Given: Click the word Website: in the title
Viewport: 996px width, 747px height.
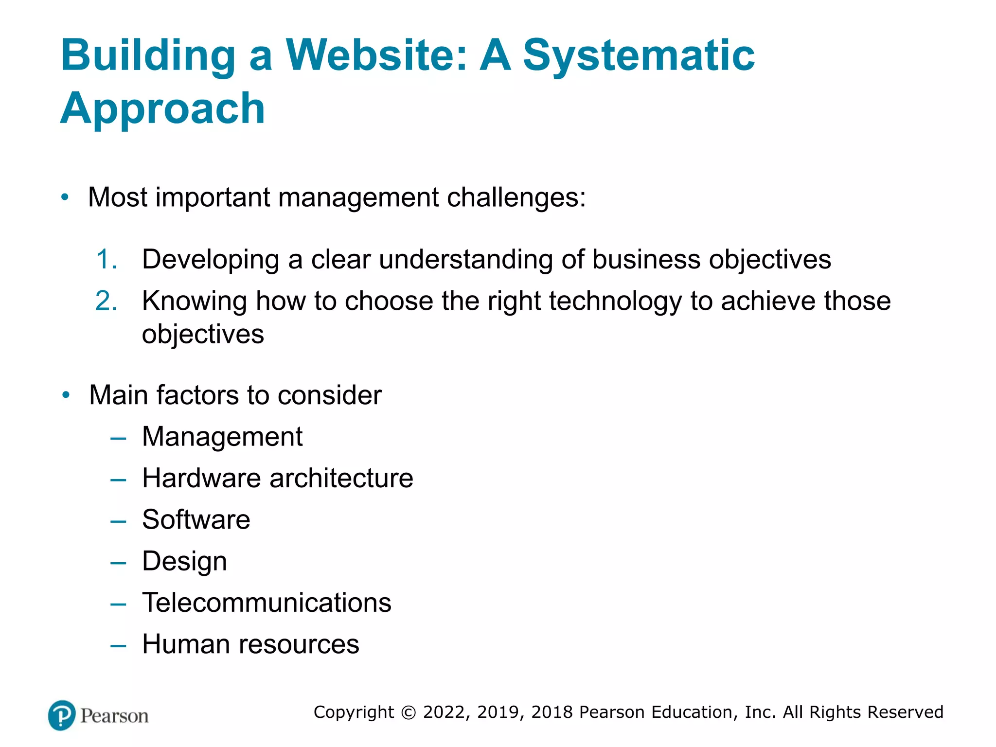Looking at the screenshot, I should (376, 54).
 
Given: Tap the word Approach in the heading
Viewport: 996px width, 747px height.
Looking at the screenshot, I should (162, 108).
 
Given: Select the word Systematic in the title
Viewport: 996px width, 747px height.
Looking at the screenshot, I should (638, 54).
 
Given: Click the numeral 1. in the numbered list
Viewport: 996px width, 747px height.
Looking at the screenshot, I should (107, 259).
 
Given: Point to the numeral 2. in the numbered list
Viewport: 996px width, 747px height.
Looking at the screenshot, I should (107, 301).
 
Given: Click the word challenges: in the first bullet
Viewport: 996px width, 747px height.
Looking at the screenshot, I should (516, 198).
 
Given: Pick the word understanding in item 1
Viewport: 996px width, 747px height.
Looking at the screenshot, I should (465, 259).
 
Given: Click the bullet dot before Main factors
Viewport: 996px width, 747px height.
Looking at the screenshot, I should (66, 395).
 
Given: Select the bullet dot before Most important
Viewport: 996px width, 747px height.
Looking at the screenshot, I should (65, 197).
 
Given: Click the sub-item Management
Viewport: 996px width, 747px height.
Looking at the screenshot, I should (222, 436).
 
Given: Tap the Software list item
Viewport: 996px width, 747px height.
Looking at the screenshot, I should (196, 519).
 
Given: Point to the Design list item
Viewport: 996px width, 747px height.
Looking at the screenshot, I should (184, 561).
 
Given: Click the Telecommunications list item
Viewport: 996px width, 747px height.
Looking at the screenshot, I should (267, 603).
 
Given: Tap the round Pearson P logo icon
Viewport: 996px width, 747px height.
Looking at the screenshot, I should (62, 715).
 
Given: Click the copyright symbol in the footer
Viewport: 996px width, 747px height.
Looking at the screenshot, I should (409, 712).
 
